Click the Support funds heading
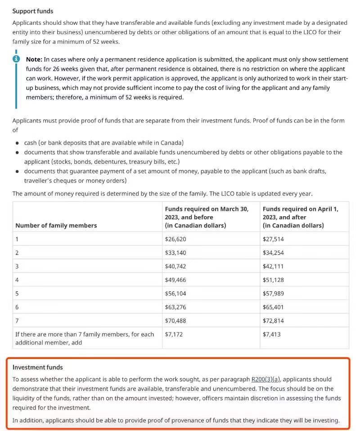coord(32,10)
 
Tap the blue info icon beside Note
coord(16,59)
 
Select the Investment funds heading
coord(37,367)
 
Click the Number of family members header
coord(56,225)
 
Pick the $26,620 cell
coord(175,239)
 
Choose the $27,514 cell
coord(273,239)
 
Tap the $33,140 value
coord(175,253)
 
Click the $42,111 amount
coord(273,266)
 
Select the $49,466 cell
coord(175,280)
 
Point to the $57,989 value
coord(273,293)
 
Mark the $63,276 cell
coord(175,307)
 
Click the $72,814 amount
coord(273,321)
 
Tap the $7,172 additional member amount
coord(174,334)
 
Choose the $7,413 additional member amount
coord(272,334)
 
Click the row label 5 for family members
coord(17,293)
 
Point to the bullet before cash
coord(17,143)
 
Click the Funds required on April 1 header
coord(300,209)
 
